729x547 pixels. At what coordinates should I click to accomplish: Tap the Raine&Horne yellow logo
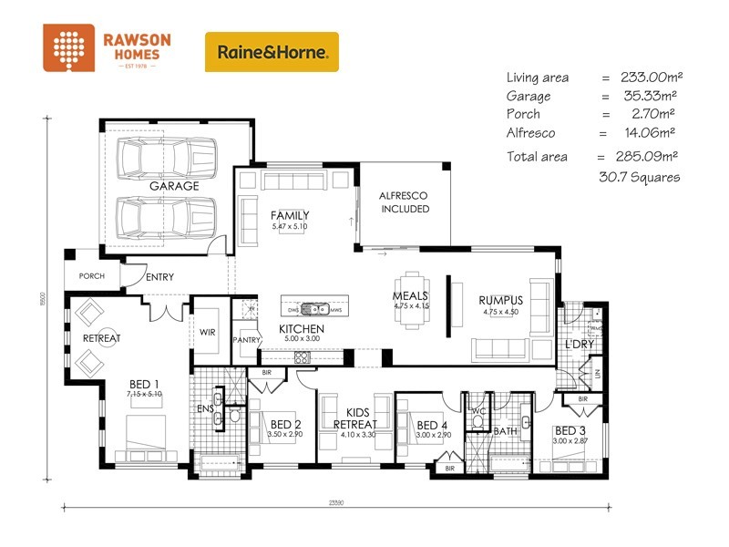(x=272, y=52)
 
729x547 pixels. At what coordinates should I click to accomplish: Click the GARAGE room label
(x=174, y=186)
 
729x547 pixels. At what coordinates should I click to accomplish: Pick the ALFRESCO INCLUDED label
(x=404, y=202)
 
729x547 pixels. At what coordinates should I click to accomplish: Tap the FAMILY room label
(x=290, y=215)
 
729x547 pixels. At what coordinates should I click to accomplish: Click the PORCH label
(x=92, y=276)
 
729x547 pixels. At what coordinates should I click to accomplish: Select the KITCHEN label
(x=301, y=328)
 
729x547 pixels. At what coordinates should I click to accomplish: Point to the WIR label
(x=207, y=333)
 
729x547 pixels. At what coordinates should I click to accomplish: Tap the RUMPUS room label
(x=500, y=300)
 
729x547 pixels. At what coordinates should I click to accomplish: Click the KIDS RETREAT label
(x=355, y=418)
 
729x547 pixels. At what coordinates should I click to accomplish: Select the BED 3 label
(x=571, y=430)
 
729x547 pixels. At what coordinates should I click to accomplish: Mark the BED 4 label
(x=433, y=425)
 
